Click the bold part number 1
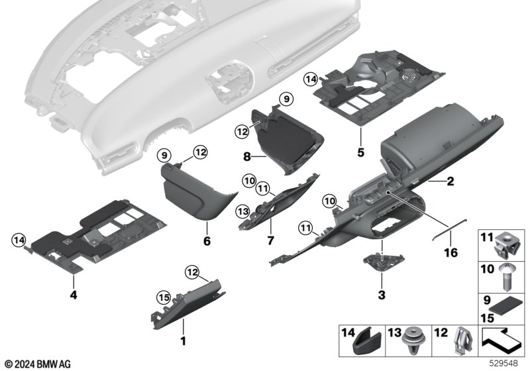pyautogui.click(x=183, y=341)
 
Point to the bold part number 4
pyautogui.click(x=73, y=295)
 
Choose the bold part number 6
pyautogui.click(x=206, y=242)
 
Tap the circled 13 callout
pyautogui.click(x=243, y=211)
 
